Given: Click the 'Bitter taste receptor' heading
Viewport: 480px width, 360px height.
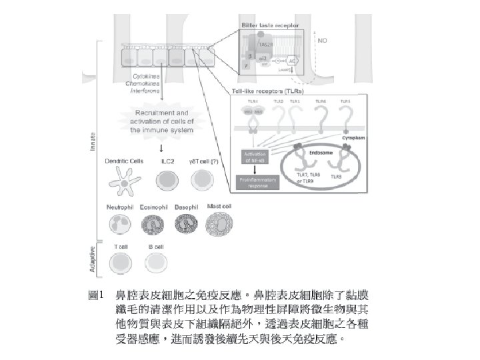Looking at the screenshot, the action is [270, 24].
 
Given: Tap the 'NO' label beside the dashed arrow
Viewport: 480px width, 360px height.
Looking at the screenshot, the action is [323, 40].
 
